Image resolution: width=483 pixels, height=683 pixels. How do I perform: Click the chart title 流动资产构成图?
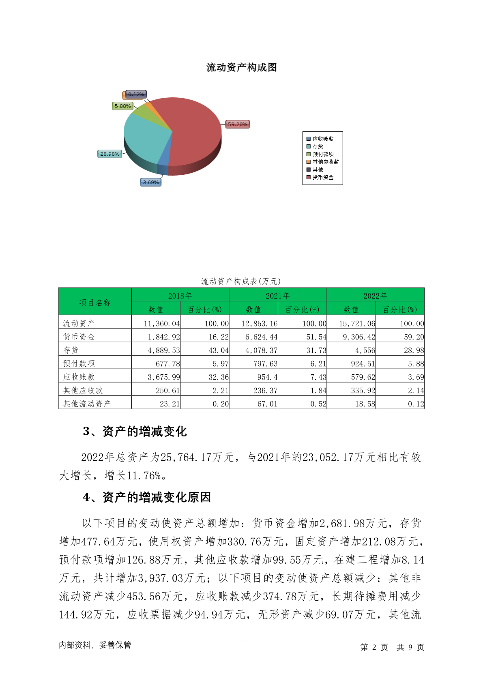241,67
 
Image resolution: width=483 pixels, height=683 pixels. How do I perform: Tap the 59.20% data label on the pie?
237,125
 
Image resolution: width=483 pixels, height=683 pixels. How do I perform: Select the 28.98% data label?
110,154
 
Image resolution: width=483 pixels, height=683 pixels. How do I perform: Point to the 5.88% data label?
122,106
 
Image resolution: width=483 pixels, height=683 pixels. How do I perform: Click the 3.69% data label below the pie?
151,183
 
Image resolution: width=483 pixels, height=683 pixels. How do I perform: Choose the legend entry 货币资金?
323,177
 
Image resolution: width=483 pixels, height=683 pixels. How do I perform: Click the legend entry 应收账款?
323,139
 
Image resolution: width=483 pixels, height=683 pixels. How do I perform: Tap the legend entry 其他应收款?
325,162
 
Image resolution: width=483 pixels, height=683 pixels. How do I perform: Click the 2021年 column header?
278,296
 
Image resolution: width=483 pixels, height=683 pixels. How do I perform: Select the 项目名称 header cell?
95,302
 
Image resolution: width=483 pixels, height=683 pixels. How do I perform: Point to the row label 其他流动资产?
87,404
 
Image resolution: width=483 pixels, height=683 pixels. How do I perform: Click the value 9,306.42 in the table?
359,337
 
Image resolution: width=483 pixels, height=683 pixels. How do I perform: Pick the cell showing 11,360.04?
162,324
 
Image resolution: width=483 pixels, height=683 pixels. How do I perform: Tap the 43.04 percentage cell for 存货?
219,350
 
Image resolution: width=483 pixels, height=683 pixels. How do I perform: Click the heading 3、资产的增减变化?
135,431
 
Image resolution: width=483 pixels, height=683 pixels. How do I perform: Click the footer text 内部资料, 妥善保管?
95,645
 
